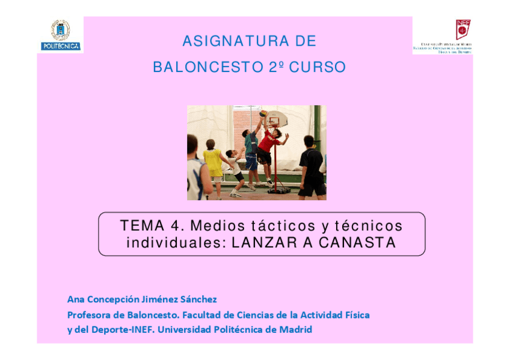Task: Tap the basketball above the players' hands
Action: tap(263, 113)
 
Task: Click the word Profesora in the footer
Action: tap(89, 314)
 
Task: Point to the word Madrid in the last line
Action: tap(295, 329)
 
